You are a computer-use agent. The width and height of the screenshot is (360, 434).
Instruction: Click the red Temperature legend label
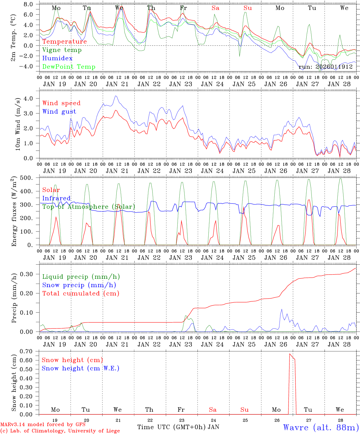pyautogui.click(x=65, y=42)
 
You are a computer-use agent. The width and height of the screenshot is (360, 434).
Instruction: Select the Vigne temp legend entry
pyautogui.click(x=62, y=50)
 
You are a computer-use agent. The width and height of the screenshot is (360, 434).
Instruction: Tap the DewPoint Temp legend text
pyautogui.click(x=69, y=67)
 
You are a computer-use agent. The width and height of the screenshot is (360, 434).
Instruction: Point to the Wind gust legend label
pyautogui.click(x=59, y=112)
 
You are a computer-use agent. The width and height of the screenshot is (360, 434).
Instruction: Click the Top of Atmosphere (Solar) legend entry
pyautogui.click(x=89, y=207)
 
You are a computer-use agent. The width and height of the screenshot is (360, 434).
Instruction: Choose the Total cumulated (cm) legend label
pyautogui.click(x=81, y=293)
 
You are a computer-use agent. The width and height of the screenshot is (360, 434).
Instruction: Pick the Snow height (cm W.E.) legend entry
pyautogui.click(x=81, y=368)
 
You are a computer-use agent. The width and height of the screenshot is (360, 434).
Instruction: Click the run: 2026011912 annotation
pyautogui.click(x=326, y=67)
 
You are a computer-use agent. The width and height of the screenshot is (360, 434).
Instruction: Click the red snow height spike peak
pyautogui.click(x=290, y=354)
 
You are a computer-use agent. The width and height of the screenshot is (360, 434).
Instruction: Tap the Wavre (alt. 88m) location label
pyautogui.click(x=321, y=427)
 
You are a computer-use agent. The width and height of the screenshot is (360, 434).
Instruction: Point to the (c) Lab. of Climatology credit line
pyautogui.click(x=60, y=431)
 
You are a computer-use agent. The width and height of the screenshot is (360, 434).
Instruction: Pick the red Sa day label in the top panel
pyautogui.click(x=215, y=8)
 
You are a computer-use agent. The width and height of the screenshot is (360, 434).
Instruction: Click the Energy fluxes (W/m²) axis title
pyautogui.click(x=14, y=212)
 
